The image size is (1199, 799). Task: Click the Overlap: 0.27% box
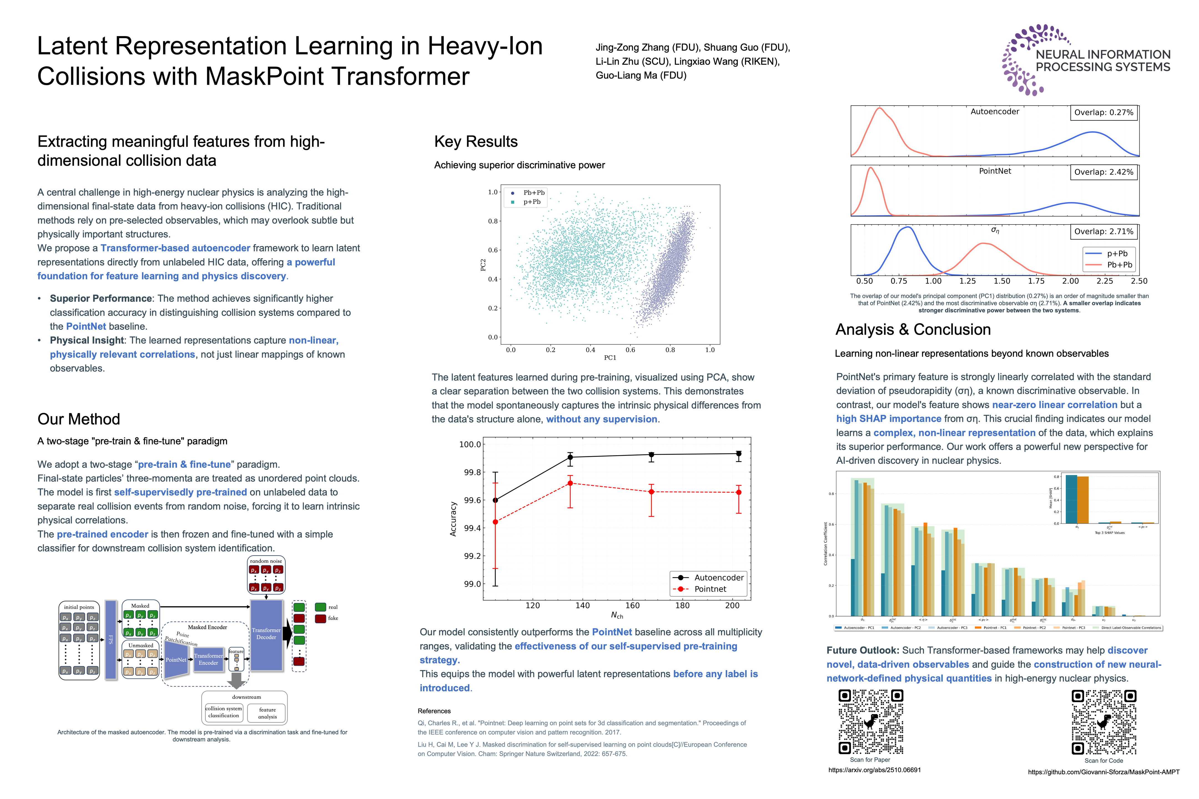1104,113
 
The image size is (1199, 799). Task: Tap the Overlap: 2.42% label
1104,172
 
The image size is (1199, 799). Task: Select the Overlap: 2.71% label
1104,232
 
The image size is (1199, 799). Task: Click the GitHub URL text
1104,772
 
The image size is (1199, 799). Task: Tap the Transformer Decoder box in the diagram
266,634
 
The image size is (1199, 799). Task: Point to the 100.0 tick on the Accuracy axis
470,444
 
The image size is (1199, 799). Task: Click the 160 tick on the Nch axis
632,605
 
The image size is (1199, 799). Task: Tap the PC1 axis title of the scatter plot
610,358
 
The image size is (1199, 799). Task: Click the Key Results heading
476,142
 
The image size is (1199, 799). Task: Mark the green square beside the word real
321,607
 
